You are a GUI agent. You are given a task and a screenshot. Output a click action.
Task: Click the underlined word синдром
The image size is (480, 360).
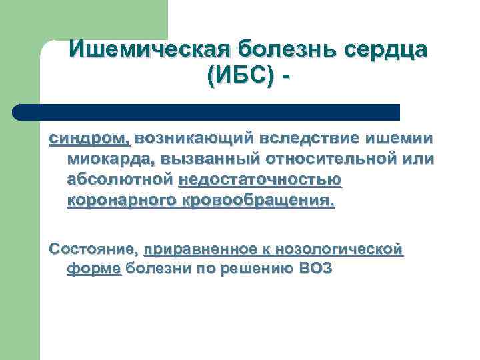click(90, 139)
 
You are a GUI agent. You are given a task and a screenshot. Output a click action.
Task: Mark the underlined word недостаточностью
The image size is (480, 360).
click(260, 180)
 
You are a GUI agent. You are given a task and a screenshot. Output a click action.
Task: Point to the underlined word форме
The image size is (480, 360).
click(94, 270)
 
